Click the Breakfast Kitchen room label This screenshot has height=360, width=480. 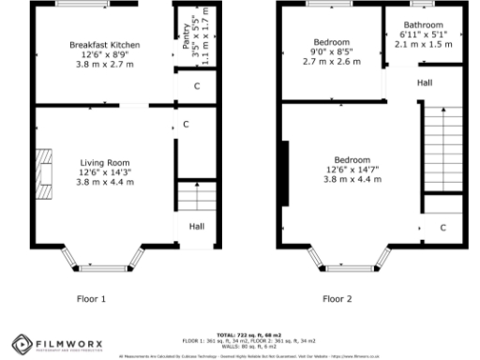point(104,44)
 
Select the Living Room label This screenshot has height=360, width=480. point(104,162)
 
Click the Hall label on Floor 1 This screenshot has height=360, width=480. point(197,227)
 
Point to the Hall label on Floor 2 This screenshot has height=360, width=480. point(425,83)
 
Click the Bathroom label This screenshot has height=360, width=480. point(423,24)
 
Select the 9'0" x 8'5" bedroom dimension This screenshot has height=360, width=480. point(332,53)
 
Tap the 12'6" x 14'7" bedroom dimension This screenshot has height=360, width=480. point(346,170)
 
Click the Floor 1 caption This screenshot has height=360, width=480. point(91,299)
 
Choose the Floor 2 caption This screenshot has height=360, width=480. point(337,299)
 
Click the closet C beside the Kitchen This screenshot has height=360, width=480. point(196,86)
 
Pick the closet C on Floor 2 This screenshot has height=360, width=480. point(443,228)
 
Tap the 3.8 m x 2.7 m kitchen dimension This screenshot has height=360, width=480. point(104,64)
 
